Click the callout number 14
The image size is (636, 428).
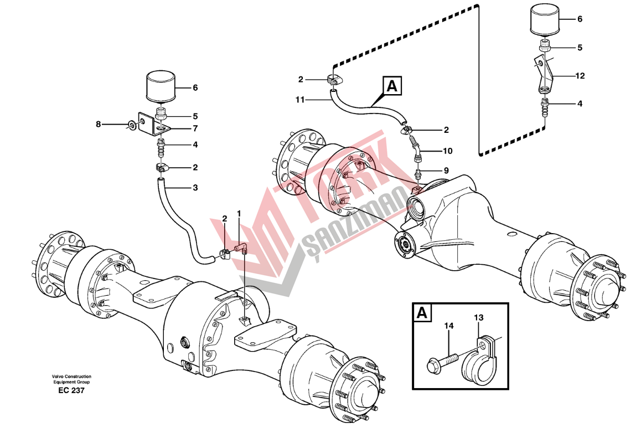pos(448,327)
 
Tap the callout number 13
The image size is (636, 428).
pos(478,318)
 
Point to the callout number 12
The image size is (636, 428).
pos(580,75)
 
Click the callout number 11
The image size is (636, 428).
pos(299,100)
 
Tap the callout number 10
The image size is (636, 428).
pos(447,150)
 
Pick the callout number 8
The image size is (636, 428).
pos(99,125)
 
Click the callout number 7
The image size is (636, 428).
pos(195,128)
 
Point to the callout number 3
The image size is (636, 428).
pos(195,188)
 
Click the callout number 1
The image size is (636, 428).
pos(239,213)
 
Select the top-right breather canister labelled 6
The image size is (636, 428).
pos(545,20)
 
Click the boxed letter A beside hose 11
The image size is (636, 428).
pos(391,86)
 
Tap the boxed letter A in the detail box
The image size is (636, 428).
pos(422,313)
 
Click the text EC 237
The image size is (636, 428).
pos(70,390)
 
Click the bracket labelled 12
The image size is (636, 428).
pos(543,75)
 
